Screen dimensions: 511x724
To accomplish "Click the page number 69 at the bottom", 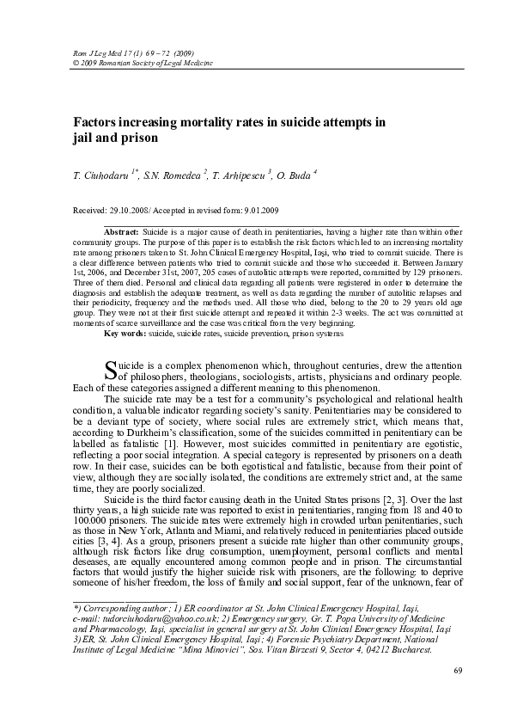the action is coord(458,693).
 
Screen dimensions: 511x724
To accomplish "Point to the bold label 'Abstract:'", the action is coord(121,233).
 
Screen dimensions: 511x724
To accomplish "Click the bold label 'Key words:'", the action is coord(125,332).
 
